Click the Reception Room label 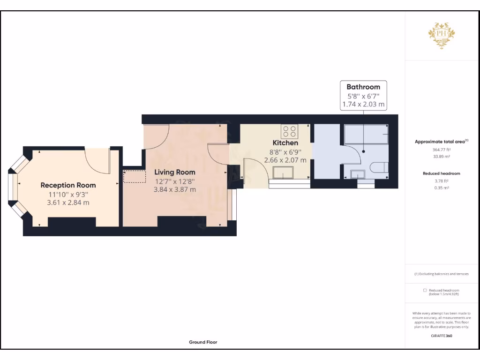pyautogui.click(x=68, y=185)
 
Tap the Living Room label pyautogui.click(x=174, y=172)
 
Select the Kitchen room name pyautogui.click(x=285, y=142)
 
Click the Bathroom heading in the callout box pyautogui.click(x=363, y=87)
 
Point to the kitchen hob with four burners pyautogui.click(x=289, y=131)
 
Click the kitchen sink pyautogui.click(x=283, y=172)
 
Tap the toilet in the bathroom pyautogui.click(x=379, y=167)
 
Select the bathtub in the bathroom pyautogui.click(x=366, y=134)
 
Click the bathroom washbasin pyautogui.click(x=358, y=174)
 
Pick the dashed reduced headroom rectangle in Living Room pyautogui.click(x=135, y=177)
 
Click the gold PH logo pyautogui.click(x=442, y=36)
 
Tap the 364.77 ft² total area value pyautogui.click(x=442, y=150)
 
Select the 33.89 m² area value pyautogui.click(x=442, y=157)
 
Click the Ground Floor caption pyautogui.click(x=203, y=342)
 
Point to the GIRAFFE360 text pyautogui.click(x=442, y=336)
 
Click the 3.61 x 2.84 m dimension pyautogui.click(x=68, y=202)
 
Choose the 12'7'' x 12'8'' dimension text pyautogui.click(x=174, y=181)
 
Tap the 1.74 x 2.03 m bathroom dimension pyautogui.click(x=363, y=104)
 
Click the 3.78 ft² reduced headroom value pyautogui.click(x=442, y=181)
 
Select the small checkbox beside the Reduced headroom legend pyautogui.click(x=425, y=290)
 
